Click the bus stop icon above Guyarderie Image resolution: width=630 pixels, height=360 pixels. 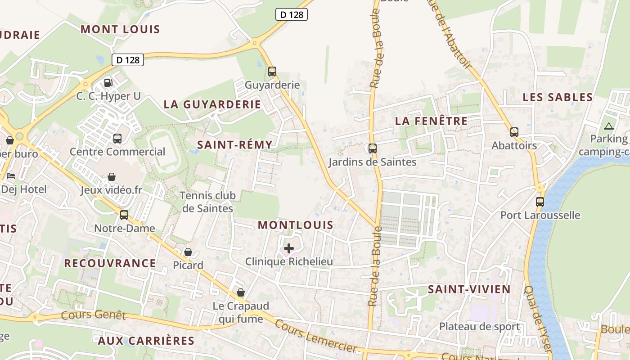click(x=272, y=71)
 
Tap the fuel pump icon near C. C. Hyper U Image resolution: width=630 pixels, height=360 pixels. click(x=108, y=82)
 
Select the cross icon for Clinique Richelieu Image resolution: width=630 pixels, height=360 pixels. click(x=289, y=248)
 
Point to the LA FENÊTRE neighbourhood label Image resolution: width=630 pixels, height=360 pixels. click(x=431, y=121)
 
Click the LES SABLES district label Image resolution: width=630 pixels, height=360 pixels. click(x=558, y=97)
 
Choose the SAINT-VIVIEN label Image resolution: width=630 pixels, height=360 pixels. click(x=469, y=289)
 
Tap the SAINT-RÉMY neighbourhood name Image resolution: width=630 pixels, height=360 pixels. click(x=234, y=144)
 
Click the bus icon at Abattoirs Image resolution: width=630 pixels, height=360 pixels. click(x=514, y=132)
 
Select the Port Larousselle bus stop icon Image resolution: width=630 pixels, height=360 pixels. click(x=540, y=202)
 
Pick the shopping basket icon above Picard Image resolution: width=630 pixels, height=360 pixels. click(x=188, y=252)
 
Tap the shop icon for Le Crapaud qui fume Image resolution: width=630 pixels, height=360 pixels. click(x=241, y=293)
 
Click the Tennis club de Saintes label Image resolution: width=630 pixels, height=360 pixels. click(x=207, y=202)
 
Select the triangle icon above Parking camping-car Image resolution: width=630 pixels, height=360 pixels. click(x=609, y=126)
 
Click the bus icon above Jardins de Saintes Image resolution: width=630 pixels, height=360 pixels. click(x=372, y=148)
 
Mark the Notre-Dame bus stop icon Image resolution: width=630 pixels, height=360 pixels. click(x=124, y=215)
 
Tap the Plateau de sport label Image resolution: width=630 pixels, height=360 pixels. click(x=479, y=326)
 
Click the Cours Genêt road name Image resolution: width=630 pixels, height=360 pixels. click(x=93, y=314)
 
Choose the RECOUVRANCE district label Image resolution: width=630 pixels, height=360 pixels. click(x=110, y=263)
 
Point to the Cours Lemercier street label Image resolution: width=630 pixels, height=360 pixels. click(x=315, y=336)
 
